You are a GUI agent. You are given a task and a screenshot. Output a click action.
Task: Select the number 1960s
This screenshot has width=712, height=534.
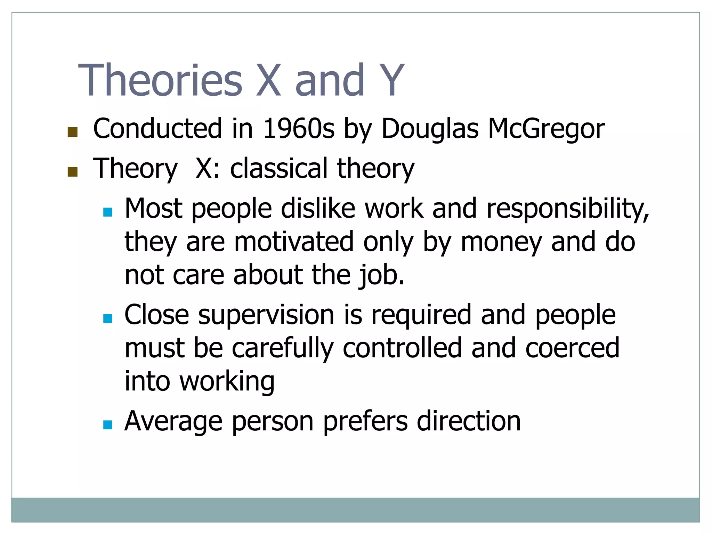click(299, 129)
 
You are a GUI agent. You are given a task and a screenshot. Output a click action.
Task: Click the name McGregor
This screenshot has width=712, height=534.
click(546, 129)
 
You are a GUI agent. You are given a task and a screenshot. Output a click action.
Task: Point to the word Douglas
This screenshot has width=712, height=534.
click(430, 129)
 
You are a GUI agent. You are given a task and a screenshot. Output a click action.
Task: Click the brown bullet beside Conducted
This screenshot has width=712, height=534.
click(72, 132)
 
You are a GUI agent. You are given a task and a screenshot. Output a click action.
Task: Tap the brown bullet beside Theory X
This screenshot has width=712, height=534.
click(72, 172)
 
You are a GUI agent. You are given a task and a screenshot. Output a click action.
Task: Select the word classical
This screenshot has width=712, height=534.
click(279, 168)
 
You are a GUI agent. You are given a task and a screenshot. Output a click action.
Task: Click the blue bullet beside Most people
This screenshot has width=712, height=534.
click(108, 212)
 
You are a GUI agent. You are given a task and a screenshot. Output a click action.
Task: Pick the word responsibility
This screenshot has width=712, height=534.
click(568, 209)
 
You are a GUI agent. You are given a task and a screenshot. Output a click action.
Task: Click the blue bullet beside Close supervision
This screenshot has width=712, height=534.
click(108, 318)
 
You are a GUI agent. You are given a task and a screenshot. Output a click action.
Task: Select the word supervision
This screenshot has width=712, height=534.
click(266, 315)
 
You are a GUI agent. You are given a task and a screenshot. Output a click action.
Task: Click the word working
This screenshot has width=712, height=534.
click(227, 381)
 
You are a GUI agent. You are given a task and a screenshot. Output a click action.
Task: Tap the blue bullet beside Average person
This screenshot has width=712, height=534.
click(108, 425)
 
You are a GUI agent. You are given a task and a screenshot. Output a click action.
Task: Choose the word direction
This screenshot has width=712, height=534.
click(469, 421)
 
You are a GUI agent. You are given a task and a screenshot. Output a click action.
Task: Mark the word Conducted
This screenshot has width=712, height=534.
click(157, 129)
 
